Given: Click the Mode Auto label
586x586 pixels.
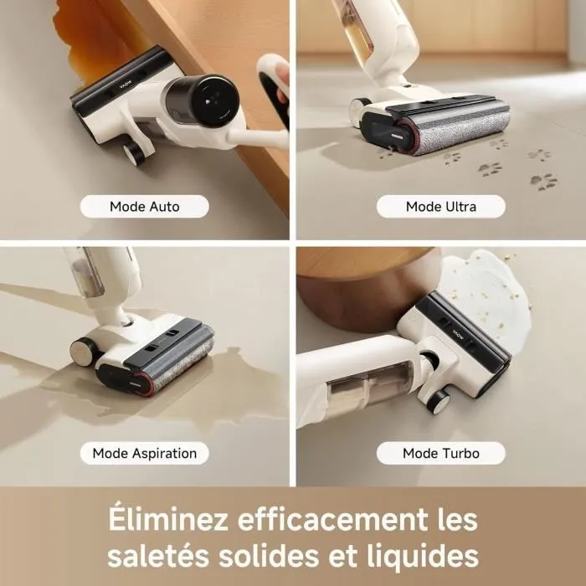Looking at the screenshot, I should pos(144,206).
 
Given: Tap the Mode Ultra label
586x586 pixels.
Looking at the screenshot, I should pos(440,206).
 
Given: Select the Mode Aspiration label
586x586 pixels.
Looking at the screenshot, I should pos(144,453).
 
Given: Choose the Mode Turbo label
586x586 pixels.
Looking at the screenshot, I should pos(440,453).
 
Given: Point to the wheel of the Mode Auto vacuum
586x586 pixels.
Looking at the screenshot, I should pos(132,152).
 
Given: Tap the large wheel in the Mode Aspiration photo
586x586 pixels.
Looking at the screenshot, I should pos(83,352).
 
